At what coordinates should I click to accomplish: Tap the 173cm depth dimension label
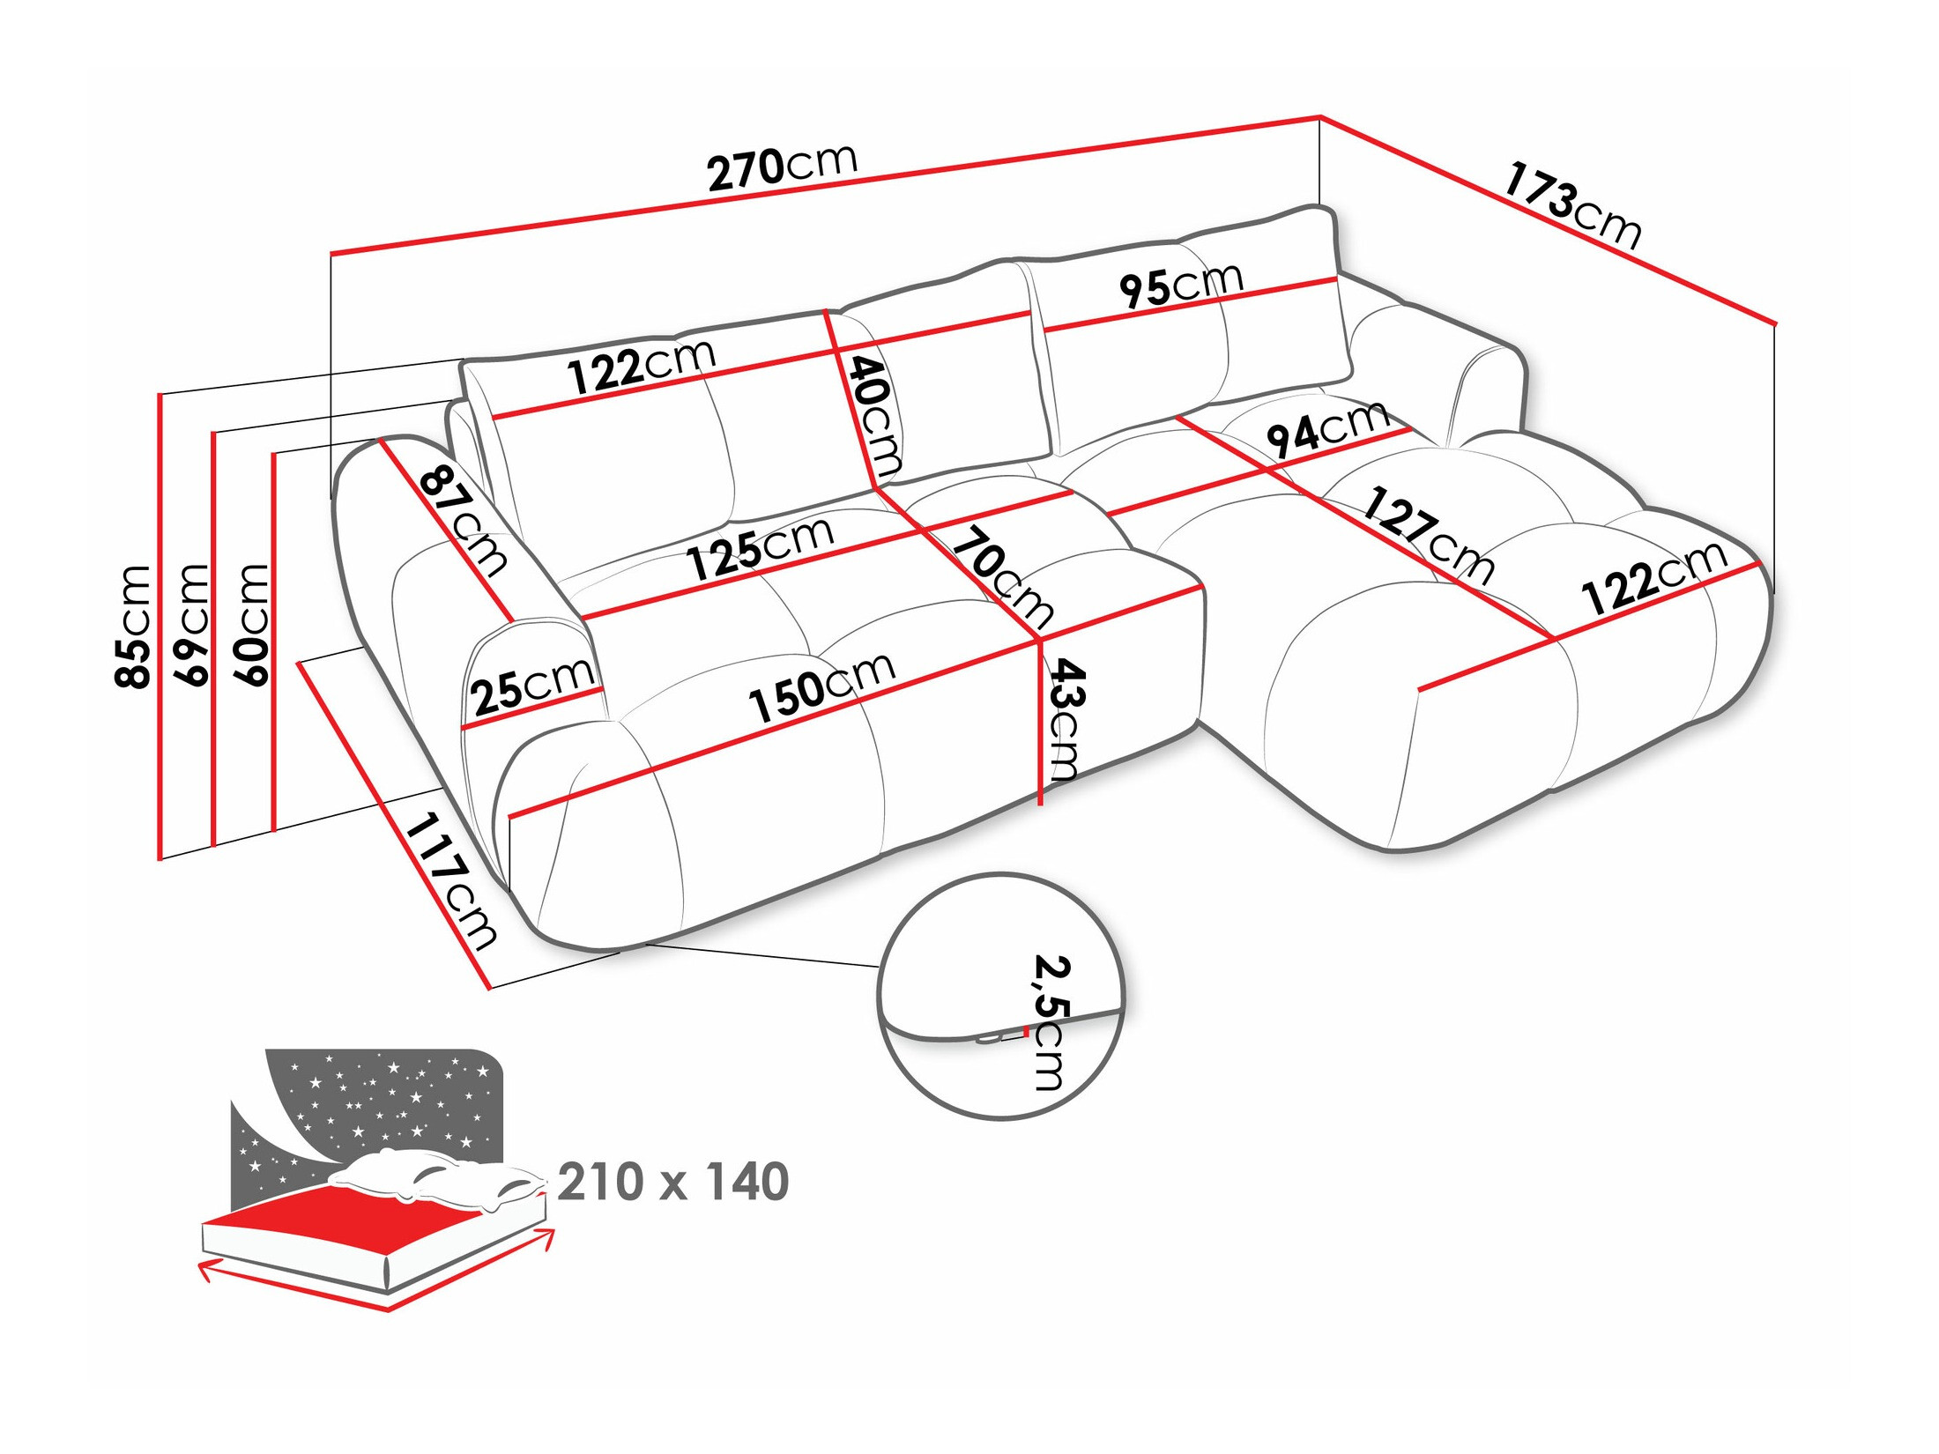coord(1571,205)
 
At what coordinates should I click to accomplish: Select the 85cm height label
coord(134,626)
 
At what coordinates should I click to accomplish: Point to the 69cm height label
coord(193,625)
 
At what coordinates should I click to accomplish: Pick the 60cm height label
coord(251,625)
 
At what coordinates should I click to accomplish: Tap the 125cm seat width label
coord(760,548)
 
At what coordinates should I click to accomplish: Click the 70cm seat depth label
coord(1003,576)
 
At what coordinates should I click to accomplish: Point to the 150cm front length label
coord(821,687)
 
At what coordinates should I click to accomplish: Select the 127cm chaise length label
coord(1428,536)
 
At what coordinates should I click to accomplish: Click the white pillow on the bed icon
coord(432,1176)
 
